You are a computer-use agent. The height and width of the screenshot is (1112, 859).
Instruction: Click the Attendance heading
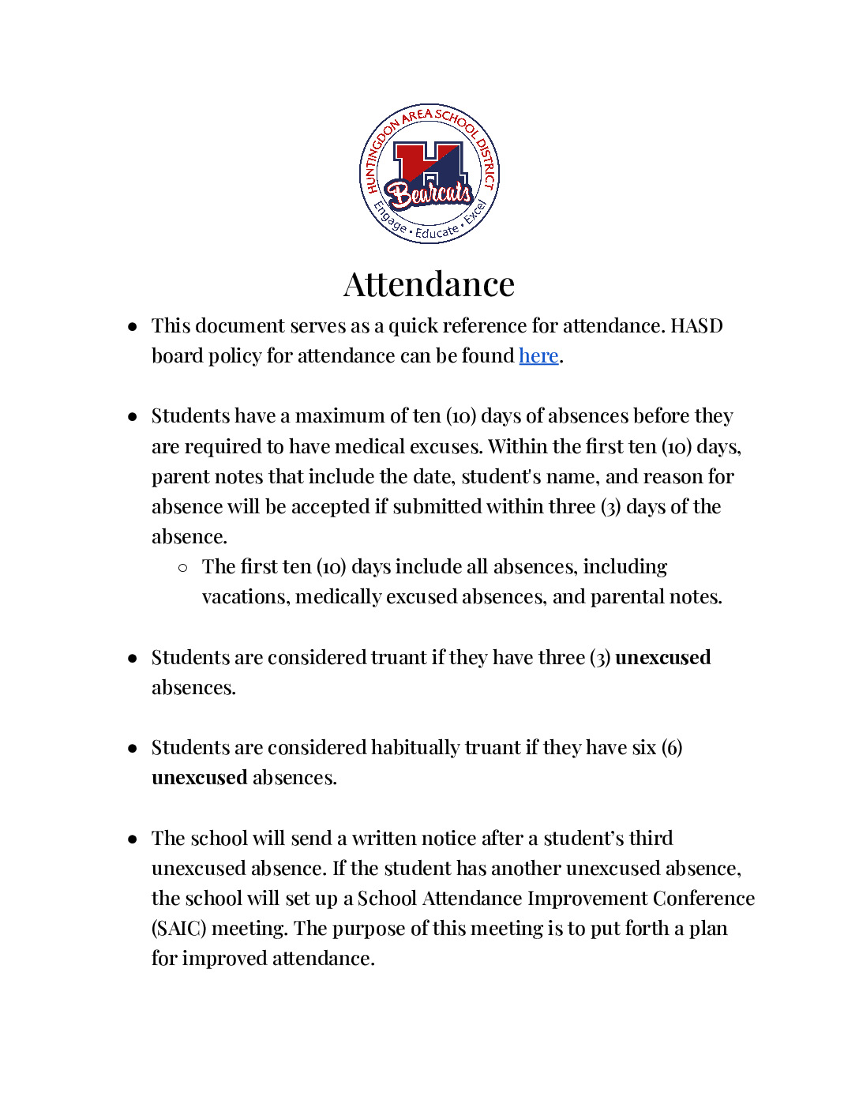[x=429, y=284]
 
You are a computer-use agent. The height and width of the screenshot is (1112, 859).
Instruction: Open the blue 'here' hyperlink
[x=538, y=356]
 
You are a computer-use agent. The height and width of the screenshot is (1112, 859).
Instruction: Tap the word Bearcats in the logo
[x=429, y=193]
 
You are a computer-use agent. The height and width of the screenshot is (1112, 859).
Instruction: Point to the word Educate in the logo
[x=437, y=232]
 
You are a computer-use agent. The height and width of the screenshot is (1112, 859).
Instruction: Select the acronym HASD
[x=696, y=326]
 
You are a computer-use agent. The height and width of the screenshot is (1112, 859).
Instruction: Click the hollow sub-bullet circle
[x=183, y=567]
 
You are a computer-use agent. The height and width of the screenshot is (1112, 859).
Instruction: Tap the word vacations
[x=246, y=597]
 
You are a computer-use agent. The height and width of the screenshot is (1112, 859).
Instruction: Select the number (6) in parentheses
[x=672, y=748]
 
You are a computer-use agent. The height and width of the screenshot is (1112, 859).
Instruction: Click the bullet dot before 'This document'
[x=133, y=326]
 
